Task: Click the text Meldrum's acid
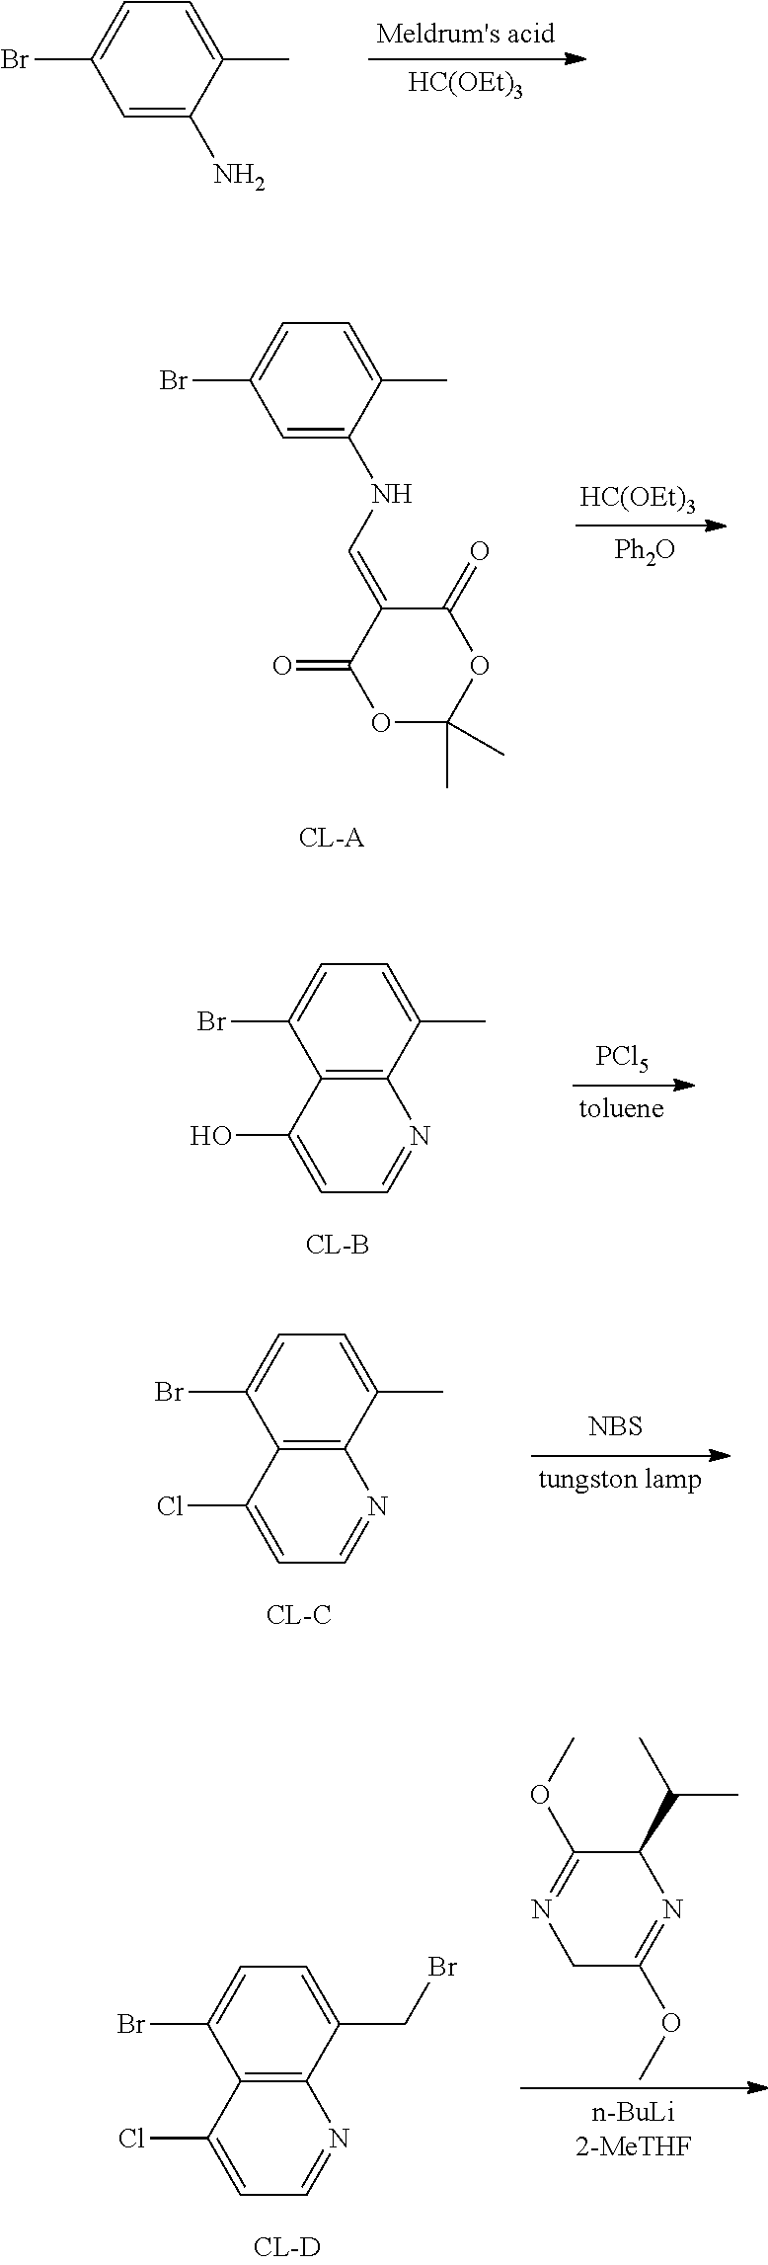coord(466,34)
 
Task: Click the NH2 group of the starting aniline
coord(239,178)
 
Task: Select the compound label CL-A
coord(332,840)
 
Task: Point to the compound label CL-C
coord(298,1614)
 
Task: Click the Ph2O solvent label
coord(645,550)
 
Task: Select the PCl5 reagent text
coord(622,1060)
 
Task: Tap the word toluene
coord(621,1108)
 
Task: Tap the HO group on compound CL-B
coord(211,1136)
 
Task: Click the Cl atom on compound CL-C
coord(171,1505)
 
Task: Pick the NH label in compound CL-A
coord(392,493)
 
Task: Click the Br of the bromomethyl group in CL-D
coord(442,1967)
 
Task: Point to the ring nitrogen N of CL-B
coord(420,1136)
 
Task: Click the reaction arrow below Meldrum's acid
coord(478,59)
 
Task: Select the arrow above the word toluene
coord(636,1085)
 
